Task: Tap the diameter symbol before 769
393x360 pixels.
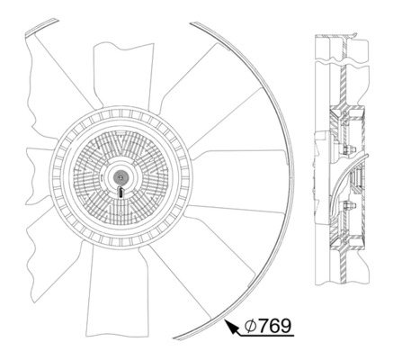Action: point(252,325)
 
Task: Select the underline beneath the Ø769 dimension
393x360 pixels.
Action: point(265,337)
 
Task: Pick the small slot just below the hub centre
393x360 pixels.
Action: point(121,190)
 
